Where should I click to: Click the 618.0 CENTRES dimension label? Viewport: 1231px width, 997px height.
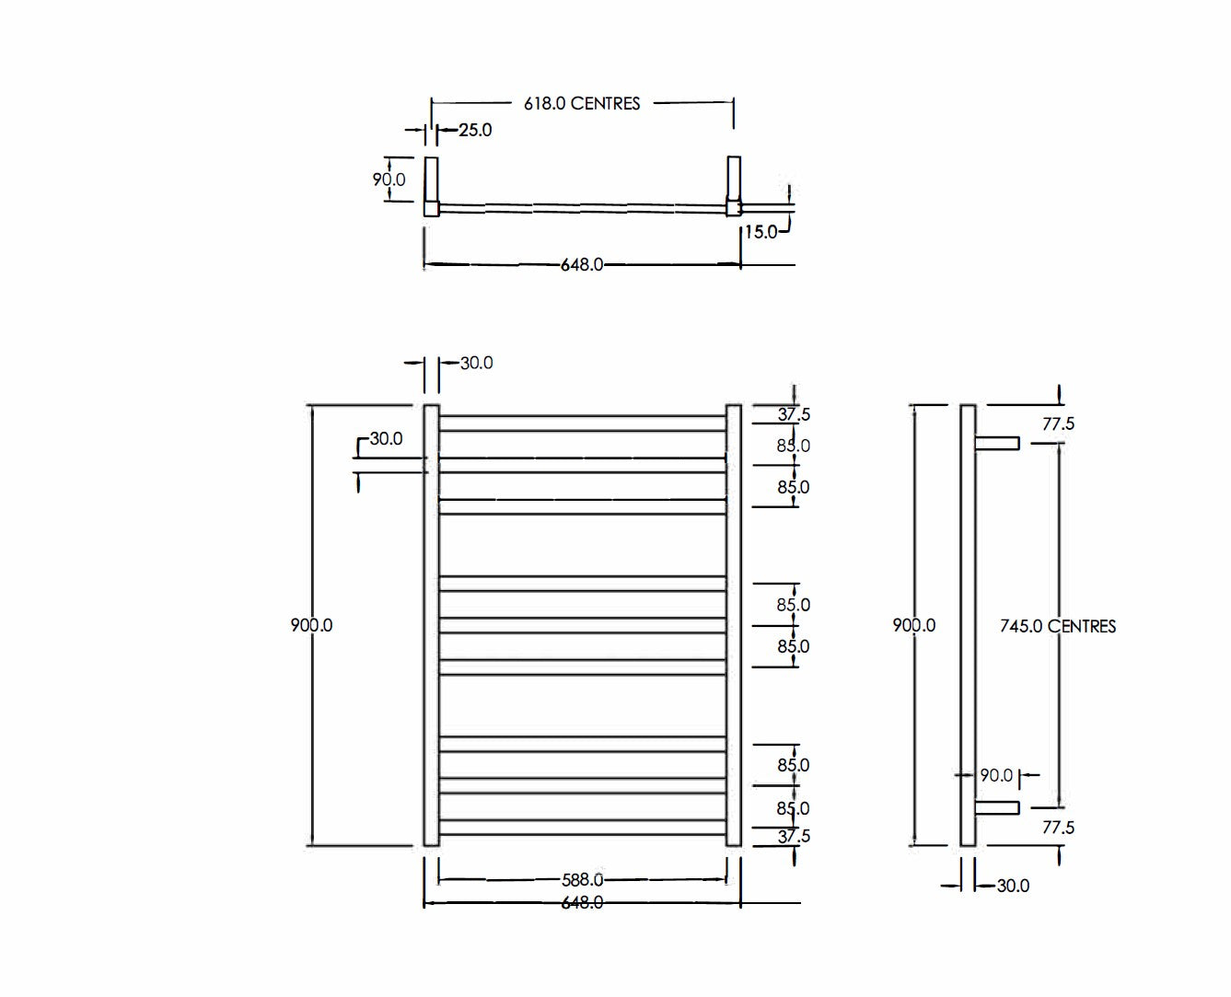[x=582, y=103]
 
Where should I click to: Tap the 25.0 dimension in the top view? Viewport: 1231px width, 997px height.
[x=475, y=130]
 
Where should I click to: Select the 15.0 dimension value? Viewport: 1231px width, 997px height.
[x=761, y=232]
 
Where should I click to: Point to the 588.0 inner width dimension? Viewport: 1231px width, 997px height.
[x=582, y=880]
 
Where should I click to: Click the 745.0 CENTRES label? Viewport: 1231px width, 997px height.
[x=1057, y=626]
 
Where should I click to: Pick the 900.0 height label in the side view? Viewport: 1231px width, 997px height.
[x=913, y=625]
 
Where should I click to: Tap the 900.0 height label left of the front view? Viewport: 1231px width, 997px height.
[x=311, y=625]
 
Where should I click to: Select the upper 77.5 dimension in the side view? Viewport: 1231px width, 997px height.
[x=1058, y=424]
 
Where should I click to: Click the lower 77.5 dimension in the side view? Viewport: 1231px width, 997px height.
[x=1058, y=828]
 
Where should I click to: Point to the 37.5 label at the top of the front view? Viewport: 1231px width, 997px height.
[x=794, y=415]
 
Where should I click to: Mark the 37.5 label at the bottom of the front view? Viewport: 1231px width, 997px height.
[x=794, y=836]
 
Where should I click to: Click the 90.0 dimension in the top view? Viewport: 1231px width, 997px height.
[x=389, y=180]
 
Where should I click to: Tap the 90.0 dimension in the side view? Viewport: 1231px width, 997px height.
[x=995, y=775]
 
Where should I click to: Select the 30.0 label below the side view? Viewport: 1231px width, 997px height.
[x=1013, y=886]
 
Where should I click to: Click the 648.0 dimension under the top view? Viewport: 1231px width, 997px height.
[x=582, y=265]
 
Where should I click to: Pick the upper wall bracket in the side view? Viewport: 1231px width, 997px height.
[x=997, y=444]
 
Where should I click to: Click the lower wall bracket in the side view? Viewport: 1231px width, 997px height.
[x=997, y=807]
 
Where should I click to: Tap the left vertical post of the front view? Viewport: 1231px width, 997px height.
[x=431, y=625]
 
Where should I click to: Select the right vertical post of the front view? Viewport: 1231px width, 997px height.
[x=734, y=625]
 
